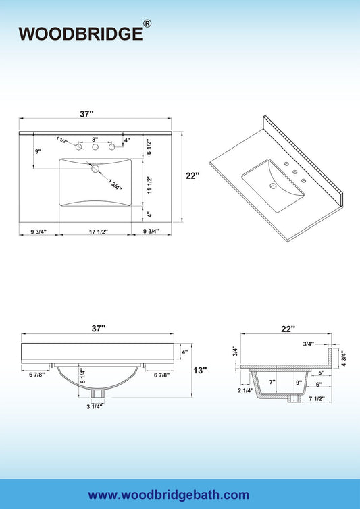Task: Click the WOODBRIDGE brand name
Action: [80, 34]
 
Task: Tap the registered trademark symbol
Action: [147, 24]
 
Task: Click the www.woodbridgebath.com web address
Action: [168, 495]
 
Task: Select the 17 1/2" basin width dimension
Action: [98, 232]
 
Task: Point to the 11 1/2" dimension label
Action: [149, 185]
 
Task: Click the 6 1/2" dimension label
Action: [149, 146]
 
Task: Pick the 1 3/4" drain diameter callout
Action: [115, 184]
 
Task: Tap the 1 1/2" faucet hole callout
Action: [62, 140]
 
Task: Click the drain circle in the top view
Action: [95, 169]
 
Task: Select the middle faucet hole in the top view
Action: [95, 147]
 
